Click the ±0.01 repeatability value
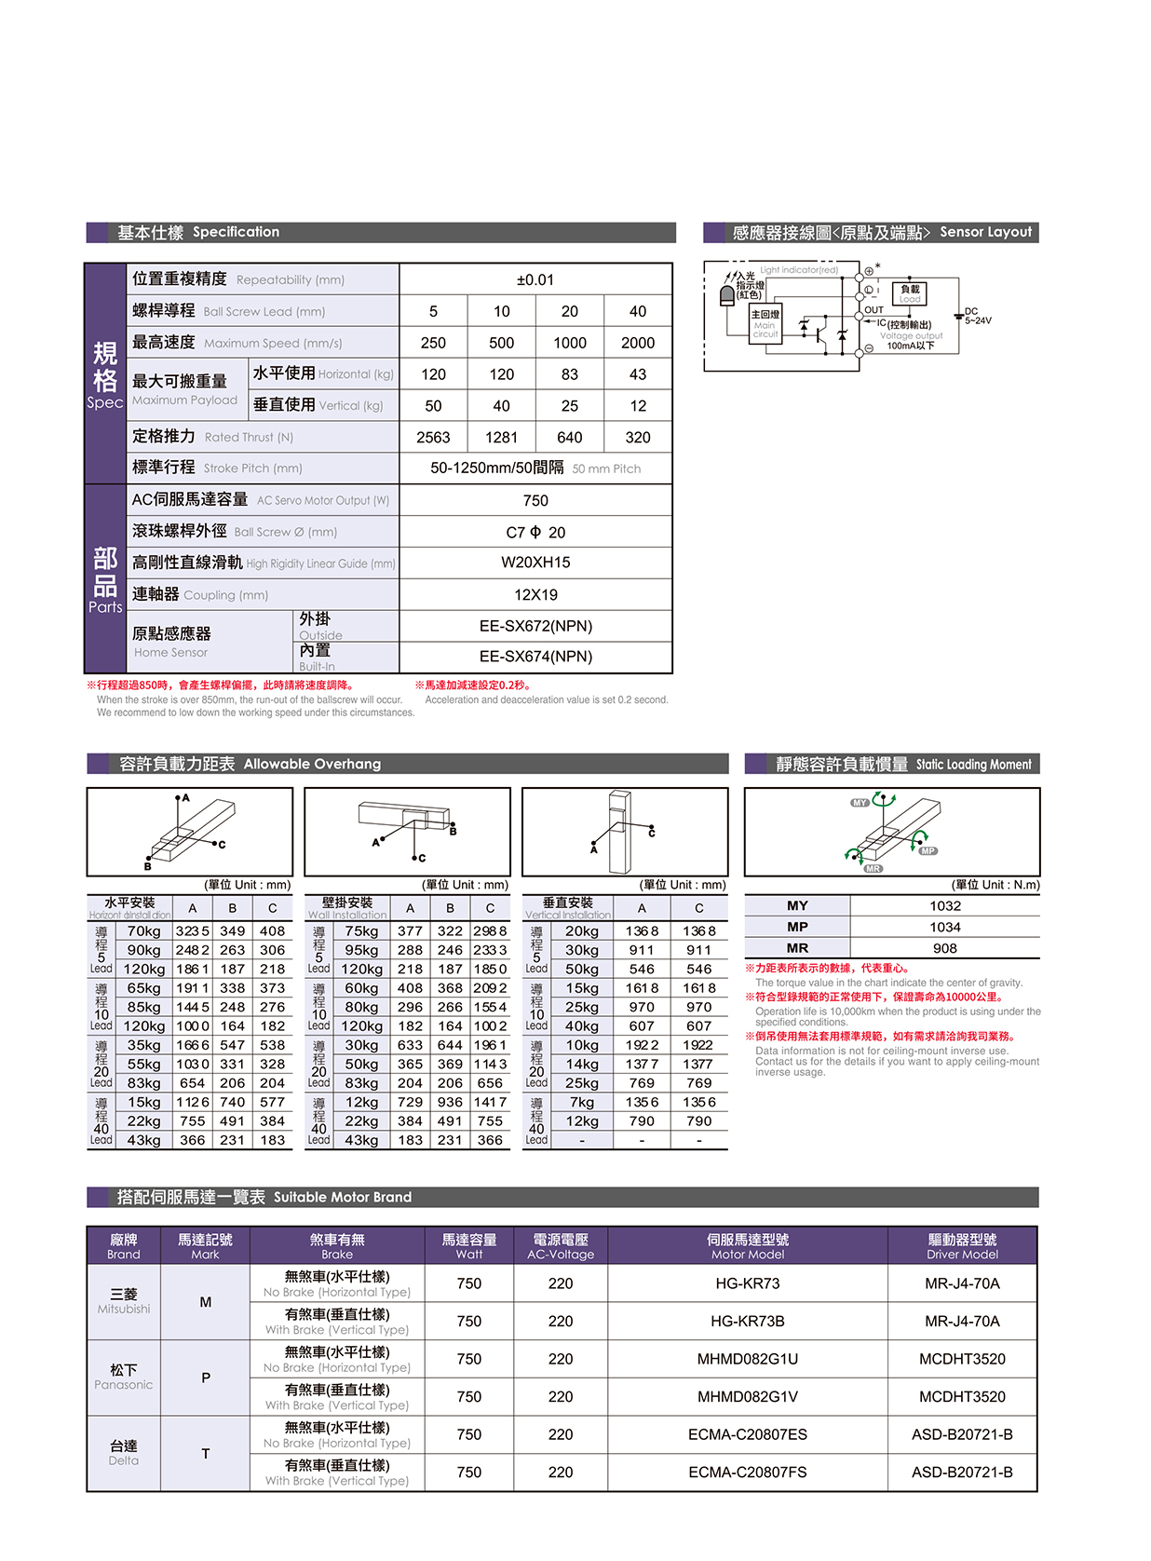535,279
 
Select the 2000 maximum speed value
638,343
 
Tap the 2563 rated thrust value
433,437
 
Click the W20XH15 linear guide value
535,563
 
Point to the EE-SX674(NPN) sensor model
535,657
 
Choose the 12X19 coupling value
535,594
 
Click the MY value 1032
944,905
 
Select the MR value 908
944,948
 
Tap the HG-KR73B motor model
747,1321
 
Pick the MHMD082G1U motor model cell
747,1359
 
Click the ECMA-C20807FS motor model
747,1473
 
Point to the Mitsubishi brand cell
124,1301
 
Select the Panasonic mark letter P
206,1378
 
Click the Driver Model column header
962,1246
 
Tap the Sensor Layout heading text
985,232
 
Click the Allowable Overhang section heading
312,764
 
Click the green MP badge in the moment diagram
928,850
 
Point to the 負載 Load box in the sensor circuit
910,293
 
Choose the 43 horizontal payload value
638,374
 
